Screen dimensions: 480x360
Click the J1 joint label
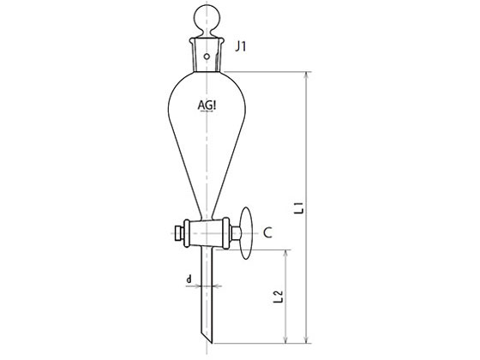tap(241, 46)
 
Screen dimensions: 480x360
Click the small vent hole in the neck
tap(207, 57)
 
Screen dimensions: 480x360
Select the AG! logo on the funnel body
tap(207, 105)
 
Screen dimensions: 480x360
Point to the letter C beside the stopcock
tap(267, 233)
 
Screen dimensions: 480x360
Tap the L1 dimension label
tap(301, 207)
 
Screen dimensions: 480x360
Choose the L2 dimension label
tap(279, 297)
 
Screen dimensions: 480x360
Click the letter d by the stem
tap(189, 279)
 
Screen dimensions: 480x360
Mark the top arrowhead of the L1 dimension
tap(306, 75)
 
